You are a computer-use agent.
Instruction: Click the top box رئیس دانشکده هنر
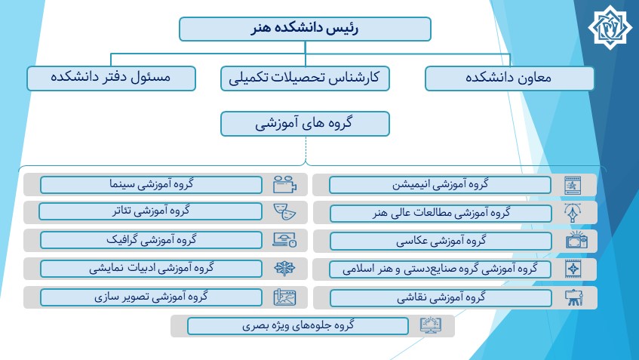point(305,29)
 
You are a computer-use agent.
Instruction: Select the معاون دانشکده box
point(509,78)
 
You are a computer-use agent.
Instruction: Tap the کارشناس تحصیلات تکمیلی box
point(305,78)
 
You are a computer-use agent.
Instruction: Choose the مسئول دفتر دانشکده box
point(111,78)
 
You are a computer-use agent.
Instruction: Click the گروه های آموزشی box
point(305,124)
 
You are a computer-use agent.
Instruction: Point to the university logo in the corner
point(610,27)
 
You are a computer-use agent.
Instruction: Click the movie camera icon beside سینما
point(284,185)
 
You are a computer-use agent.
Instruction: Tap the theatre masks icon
point(284,212)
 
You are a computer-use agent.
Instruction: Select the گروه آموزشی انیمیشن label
point(440,185)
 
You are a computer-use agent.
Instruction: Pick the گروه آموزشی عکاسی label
point(441,242)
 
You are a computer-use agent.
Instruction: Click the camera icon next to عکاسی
point(576,240)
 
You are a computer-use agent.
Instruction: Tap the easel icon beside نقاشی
point(574,297)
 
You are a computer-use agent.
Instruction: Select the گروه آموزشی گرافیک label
point(151,240)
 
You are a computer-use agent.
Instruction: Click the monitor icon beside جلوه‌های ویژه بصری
point(430,325)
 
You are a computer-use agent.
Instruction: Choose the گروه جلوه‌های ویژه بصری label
point(298,326)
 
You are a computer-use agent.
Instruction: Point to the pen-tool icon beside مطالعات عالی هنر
point(573,212)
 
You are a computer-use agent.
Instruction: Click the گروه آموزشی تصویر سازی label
point(151,297)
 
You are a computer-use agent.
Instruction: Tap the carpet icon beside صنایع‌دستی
point(573,269)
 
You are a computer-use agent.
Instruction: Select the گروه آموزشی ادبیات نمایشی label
point(151,269)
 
